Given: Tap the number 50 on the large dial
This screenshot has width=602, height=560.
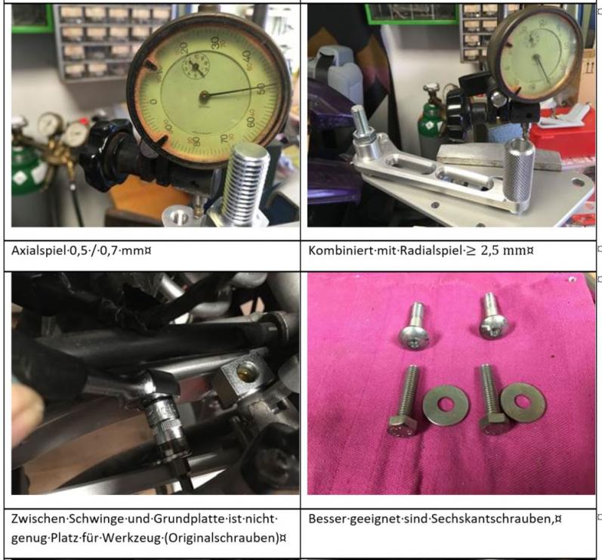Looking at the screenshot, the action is pyautogui.click(x=261, y=89).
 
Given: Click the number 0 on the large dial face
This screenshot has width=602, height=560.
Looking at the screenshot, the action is pyautogui.click(x=153, y=102).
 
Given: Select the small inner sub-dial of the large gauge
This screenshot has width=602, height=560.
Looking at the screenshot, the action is pyautogui.click(x=196, y=67).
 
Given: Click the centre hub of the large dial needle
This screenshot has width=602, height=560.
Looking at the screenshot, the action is pyautogui.click(x=204, y=96).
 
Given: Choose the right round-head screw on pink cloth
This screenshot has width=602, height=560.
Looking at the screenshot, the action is pyautogui.click(x=492, y=316).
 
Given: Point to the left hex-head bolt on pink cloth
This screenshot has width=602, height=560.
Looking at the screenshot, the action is pyautogui.click(x=404, y=401).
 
